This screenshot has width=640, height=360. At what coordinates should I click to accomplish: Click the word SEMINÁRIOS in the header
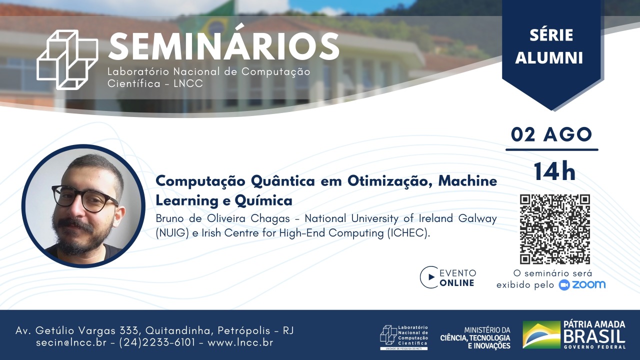click(x=223, y=47)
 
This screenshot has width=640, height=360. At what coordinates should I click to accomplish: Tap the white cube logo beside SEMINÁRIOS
click(x=67, y=59)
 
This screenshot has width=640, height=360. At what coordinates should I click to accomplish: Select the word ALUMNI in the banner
click(x=549, y=58)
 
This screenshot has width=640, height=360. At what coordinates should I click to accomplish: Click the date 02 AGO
click(x=551, y=135)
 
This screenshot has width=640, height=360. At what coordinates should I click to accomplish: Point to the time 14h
click(x=554, y=171)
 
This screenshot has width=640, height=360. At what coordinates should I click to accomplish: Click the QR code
click(x=555, y=229)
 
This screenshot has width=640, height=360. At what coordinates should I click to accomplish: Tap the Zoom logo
click(x=582, y=285)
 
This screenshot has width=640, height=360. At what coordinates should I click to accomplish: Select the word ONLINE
click(x=457, y=283)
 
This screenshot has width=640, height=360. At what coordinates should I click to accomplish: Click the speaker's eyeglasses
click(x=85, y=199)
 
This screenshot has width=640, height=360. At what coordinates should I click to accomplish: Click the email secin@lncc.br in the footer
click(x=71, y=342)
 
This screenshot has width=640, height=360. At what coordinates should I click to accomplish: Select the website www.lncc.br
click(x=240, y=342)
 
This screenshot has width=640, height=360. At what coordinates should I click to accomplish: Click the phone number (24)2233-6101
click(x=157, y=342)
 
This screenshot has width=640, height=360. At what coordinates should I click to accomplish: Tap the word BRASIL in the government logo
click(x=594, y=336)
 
